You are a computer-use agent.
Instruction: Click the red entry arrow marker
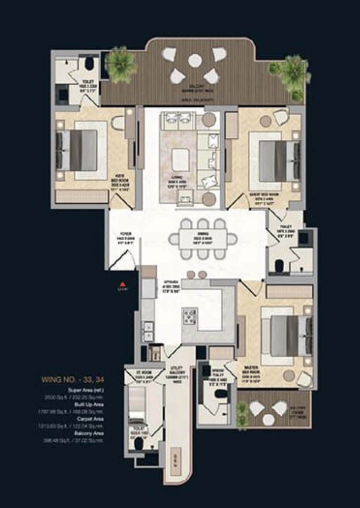pos(122,284)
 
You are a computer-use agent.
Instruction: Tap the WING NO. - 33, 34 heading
pos(73,380)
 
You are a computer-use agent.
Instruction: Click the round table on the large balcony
pos(195,60)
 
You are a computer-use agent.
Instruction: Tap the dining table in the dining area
pos(203,239)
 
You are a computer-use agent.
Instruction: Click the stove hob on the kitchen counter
pos(190,316)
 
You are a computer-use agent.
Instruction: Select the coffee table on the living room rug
pos(180,159)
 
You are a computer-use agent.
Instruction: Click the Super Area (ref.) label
pos(86,390)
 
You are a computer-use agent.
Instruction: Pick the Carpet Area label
pos(90,419)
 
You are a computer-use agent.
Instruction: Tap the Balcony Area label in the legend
pos(89,434)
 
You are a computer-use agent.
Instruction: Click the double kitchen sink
pos(148,331)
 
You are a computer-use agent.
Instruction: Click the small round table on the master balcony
pos(269,419)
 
